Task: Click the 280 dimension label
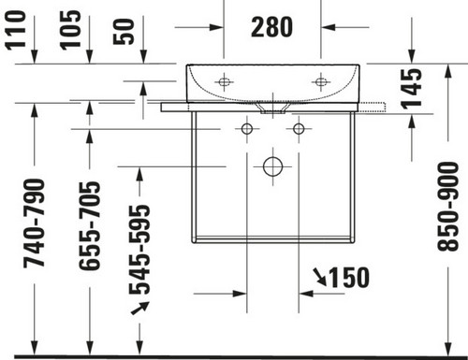271,27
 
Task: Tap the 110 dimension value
15,30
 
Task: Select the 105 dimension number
70,30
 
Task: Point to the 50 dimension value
124,32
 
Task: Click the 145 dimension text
412,89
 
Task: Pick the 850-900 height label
448,207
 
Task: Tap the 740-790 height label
34,223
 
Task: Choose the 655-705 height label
90,226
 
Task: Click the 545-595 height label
139,250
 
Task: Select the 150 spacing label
349,278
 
